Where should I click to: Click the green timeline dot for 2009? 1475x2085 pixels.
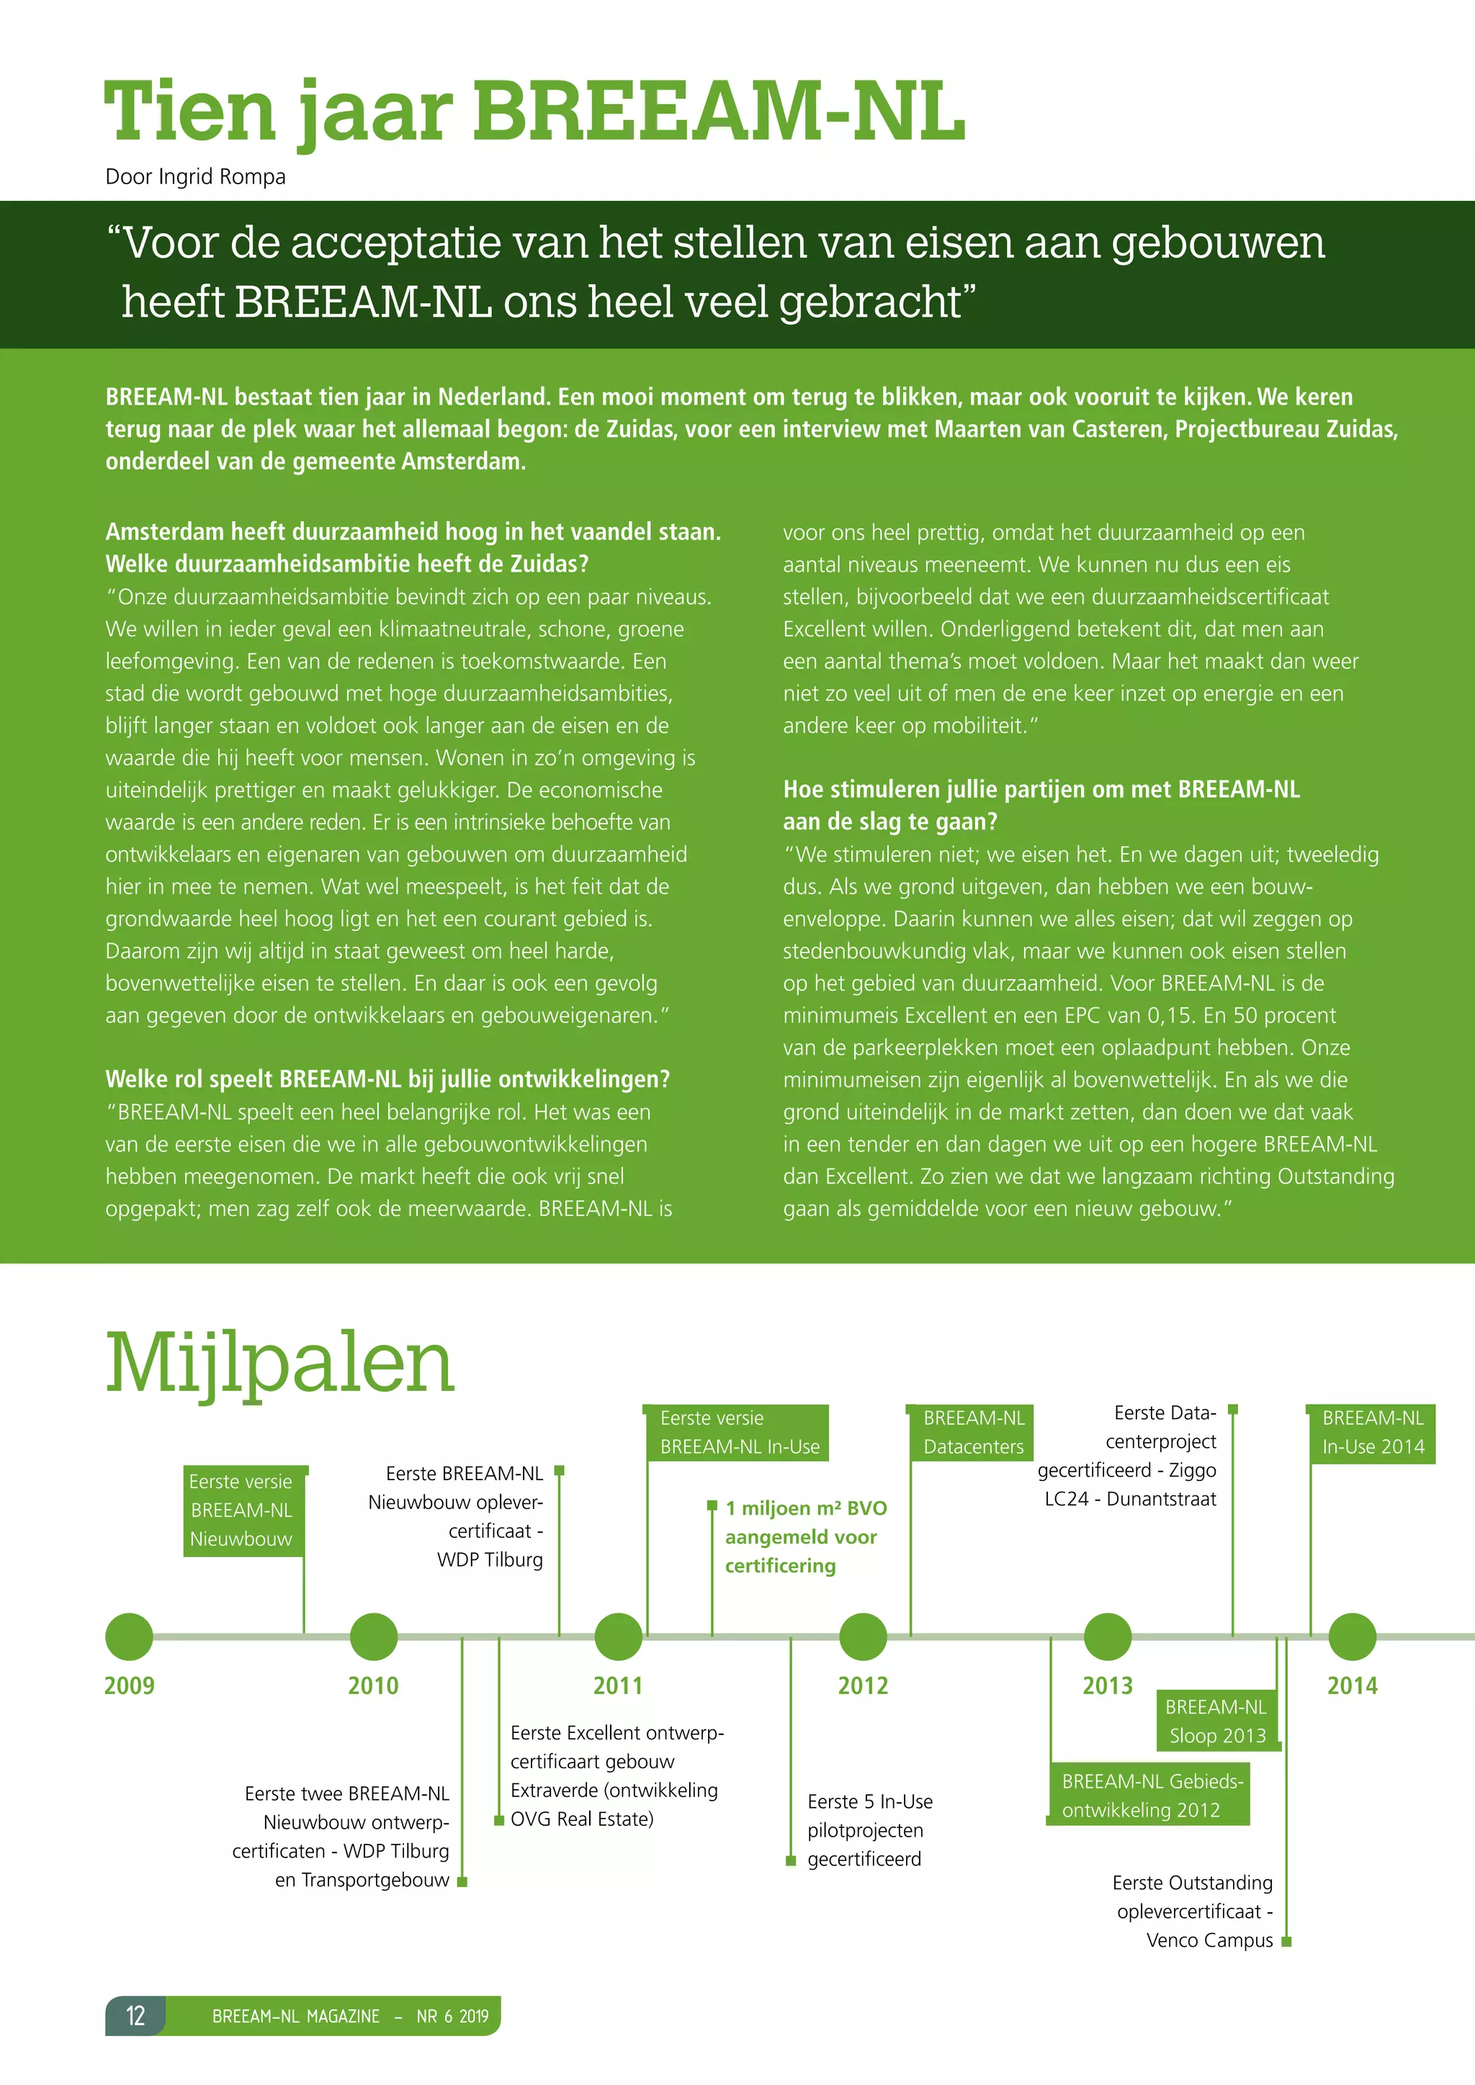(129, 1636)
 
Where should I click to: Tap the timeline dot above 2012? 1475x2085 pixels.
(863, 1636)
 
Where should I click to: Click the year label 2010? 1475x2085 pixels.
(373, 1686)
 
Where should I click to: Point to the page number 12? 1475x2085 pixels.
(135, 2015)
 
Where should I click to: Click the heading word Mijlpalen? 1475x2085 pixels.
(279, 1364)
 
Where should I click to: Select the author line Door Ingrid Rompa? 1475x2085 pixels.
(195, 176)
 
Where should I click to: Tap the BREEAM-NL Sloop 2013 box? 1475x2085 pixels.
(1217, 1721)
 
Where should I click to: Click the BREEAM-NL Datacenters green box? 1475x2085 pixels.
(973, 1432)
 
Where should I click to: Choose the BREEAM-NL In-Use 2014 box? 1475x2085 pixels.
(1372, 1432)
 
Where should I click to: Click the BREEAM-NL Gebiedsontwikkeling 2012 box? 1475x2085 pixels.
(1151, 1796)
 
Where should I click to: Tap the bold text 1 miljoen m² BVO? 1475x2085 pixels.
(806, 1508)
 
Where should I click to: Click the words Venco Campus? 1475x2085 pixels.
(1209, 1940)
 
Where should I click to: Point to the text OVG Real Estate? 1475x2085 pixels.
(581, 1819)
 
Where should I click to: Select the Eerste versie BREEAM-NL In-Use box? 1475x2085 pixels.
(738, 1432)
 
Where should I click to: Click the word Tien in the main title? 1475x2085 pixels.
(189, 112)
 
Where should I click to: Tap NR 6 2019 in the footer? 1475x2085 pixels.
(452, 2016)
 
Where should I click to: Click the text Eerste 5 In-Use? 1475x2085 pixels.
(870, 1801)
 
